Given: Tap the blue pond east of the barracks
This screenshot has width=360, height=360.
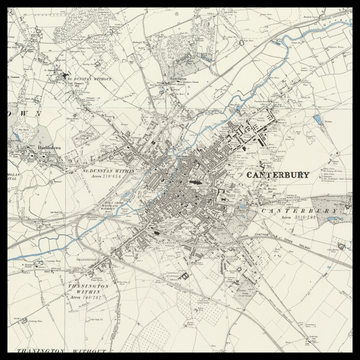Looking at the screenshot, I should pyautogui.click(x=317, y=121).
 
